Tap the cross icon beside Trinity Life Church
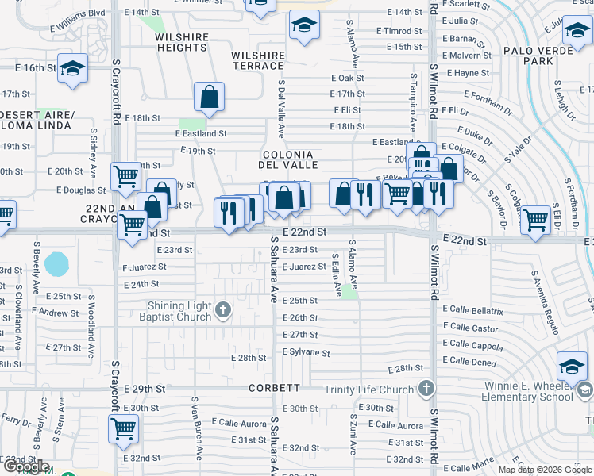(426, 389)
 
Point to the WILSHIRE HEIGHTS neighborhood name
(181, 42)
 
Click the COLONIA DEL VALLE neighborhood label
(287, 159)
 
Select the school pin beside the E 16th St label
(72, 69)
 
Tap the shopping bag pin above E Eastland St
(209, 98)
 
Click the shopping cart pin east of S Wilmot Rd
(536, 220)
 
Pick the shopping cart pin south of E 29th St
(123, 428)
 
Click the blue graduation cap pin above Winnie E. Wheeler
(572, 366)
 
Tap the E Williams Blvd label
(75, 13)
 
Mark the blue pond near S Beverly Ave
(57, 263)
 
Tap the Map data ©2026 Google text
(544, 470)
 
